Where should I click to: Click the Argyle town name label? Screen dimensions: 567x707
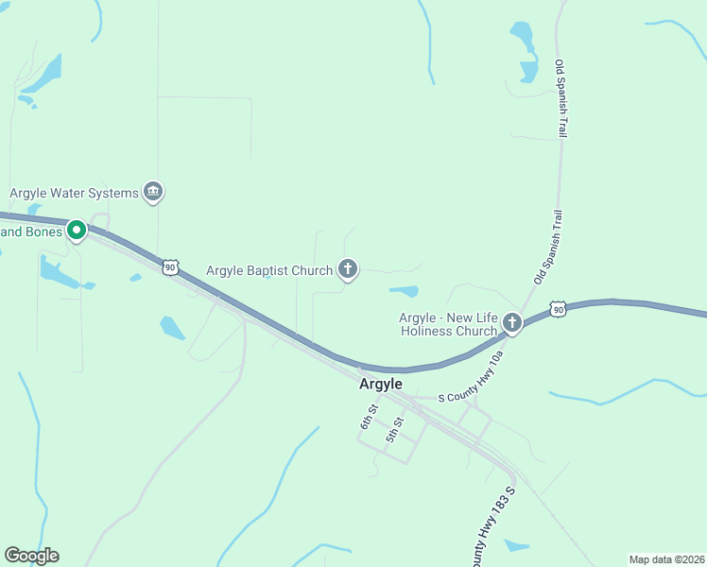(381, 385)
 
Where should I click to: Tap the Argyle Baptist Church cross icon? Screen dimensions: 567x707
(348, 270)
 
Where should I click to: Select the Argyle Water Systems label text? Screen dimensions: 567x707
(74, 194)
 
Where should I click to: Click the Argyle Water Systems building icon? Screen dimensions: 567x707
(153, 193)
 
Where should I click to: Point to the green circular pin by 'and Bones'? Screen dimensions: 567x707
(77, 230)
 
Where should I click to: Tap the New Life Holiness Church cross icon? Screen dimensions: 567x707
(511, 323)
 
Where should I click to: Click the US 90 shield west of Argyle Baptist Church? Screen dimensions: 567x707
(170, 267)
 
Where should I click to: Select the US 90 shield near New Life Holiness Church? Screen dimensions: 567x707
(559, 309)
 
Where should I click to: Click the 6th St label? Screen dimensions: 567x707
(369, 416)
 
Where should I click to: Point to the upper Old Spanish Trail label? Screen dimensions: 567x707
(561, 99)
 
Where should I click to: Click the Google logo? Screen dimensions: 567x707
(31, 556)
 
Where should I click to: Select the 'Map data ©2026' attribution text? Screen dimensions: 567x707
(666, 559)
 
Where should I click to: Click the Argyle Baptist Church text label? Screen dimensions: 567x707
(269, 271)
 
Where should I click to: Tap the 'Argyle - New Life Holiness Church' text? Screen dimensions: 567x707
(448, 324)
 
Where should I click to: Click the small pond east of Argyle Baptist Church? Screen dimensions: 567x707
(404, 290)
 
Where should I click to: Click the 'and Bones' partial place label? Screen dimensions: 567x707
(31, 232)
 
